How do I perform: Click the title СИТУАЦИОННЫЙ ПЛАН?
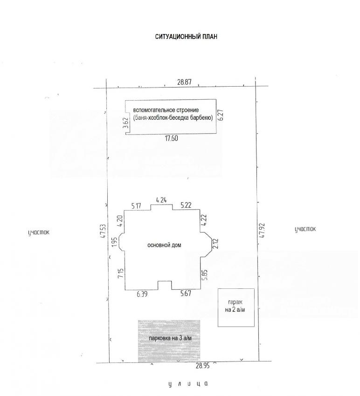tap(186, 37)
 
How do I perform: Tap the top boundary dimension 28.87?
tap(184, 82)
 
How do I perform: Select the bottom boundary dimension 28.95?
tap(202, 366)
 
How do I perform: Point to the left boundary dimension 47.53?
tap(103, 231)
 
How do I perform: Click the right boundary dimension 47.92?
tap(262, 230)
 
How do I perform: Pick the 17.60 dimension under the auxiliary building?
tap(172, 138)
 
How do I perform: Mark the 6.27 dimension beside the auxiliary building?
tap(221, 115)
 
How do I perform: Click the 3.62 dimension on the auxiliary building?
tap(127, 123)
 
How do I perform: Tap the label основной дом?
tap(164, 245)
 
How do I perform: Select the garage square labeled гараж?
tap(236, 307)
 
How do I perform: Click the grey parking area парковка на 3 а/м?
tap(169, 341)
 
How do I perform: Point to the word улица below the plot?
tap(188, 384)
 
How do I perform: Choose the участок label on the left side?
tap(39, 232)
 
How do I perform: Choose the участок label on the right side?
tap(305, 229)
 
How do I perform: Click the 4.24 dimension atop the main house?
tap(161, 200)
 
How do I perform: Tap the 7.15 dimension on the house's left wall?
tap(121, 273)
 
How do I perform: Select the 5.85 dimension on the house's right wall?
tap(205, 275)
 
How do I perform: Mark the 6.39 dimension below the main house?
tap(142, 294)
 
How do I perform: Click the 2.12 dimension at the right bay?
tap(216, 244)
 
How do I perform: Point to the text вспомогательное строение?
tap(166, 110)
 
